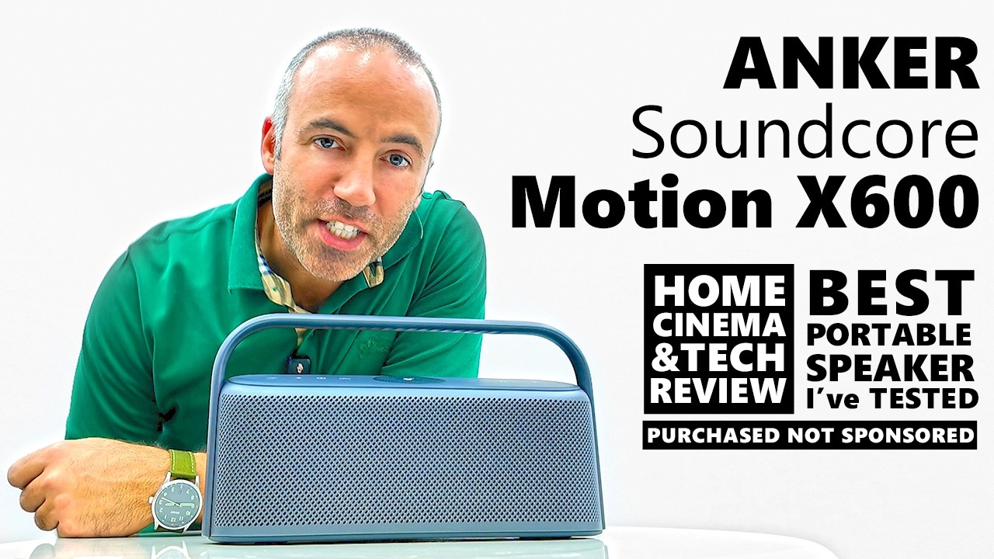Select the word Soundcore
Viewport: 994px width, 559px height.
click(x=804, y=133)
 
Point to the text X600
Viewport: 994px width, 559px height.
click(x=898, y=201)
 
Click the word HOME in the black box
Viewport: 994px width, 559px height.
click(x=719, y=290)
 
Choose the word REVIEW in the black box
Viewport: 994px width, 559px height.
click(x=719, y=391)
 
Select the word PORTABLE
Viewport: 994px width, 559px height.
click(x=891, y=334)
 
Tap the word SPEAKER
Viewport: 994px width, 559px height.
click(x=891, y=367)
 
